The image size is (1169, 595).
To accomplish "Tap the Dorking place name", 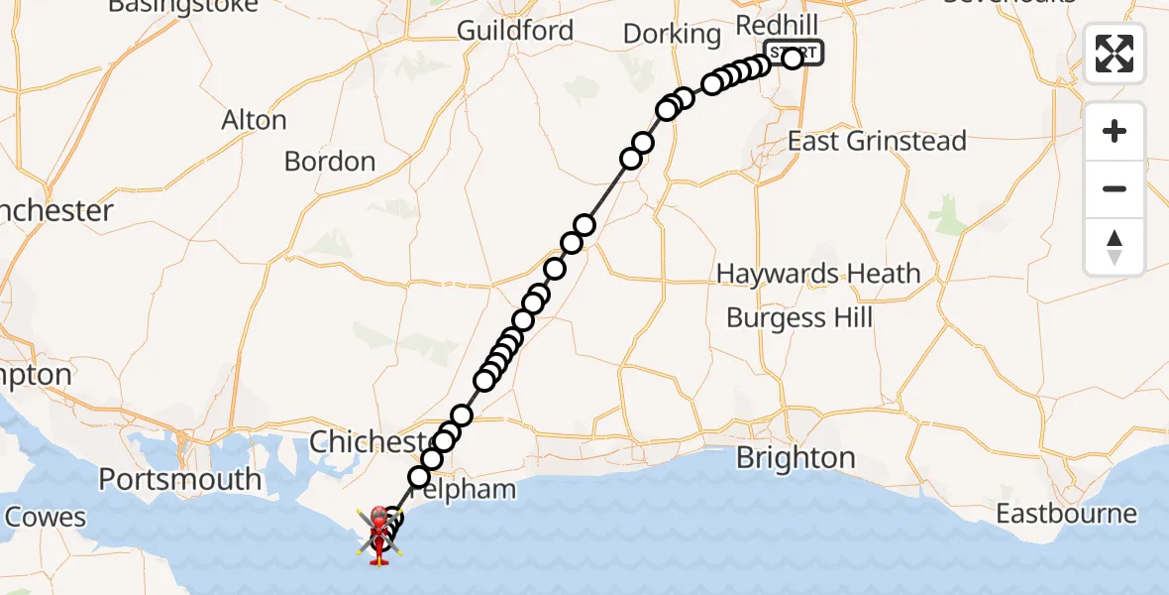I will (672, 35).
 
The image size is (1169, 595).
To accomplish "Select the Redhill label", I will (776, 23).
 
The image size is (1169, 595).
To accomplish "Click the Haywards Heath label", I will (818, 274).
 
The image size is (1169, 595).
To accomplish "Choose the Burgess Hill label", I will (799, 317).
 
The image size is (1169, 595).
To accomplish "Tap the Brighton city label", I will (796, 458).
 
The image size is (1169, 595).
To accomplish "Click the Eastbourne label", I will (1066, 514).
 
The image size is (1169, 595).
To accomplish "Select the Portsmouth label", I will (180, 480).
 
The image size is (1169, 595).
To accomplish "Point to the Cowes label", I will (46, 517).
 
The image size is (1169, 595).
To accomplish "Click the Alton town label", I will (255, 121).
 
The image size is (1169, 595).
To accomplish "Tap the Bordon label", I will (330, 161).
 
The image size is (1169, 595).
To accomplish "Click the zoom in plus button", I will (1115, 131).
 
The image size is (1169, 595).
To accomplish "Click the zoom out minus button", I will (1115, 188).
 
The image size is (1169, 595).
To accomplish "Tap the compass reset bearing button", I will (1115, 246).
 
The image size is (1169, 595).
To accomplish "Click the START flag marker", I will (794, 52).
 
